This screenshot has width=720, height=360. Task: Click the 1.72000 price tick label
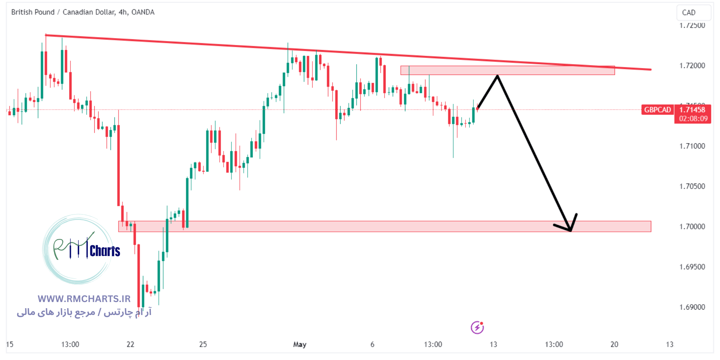coord(692,66)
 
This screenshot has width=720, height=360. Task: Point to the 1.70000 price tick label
coord(692,226)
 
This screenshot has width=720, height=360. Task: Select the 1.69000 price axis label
coord(692,307)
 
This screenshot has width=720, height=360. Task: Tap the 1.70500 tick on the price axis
coord(692,186)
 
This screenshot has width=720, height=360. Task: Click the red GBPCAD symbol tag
coord(657,110)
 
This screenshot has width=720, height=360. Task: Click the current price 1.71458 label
coord(692,110)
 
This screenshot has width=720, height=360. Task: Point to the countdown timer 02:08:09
coord(693,118)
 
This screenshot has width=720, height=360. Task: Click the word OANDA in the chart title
coord(143,12)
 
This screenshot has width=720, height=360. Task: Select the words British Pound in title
coord(33,12)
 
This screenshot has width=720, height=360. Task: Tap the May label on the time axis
coord(300,345)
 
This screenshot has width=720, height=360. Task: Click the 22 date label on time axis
coord(130,345)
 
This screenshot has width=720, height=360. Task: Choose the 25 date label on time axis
coord(203,345)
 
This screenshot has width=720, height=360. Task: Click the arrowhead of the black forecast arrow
coord(571,229)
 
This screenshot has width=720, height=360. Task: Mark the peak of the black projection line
coord(498,76)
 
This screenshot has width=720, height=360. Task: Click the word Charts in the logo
coord(105,251)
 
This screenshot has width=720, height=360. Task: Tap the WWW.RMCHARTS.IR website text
coord(84,299)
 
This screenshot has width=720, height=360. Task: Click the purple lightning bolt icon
coord(477,328)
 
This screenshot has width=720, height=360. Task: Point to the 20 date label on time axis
coord(614,345)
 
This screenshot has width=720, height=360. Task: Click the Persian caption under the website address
coord(84,312)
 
